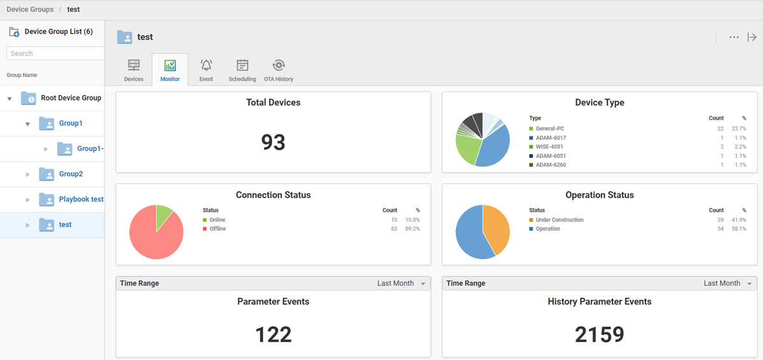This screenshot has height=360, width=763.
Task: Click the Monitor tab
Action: pos(170,69)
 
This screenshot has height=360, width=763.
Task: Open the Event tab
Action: pos(206,69)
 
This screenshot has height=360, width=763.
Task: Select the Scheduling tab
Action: pos(242,69)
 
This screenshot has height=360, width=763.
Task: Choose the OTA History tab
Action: pos(278,69)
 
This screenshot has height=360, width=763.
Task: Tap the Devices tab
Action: pos(134,69)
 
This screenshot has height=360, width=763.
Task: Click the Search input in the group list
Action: pos(56,53)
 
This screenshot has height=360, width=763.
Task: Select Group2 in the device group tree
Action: pos(71,174)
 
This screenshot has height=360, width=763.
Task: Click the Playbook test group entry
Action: pos(81,199)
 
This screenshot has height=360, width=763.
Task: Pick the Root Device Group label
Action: pos(71,98)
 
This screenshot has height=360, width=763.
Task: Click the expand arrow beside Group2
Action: pos(27,174)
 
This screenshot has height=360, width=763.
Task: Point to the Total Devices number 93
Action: pos(273,142)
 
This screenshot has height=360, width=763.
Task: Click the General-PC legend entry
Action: pos(550,129)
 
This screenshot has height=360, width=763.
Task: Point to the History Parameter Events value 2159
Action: pos(600,335)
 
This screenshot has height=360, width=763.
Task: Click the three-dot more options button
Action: pos(734,38)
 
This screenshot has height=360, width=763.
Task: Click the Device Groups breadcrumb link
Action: pos(30,10)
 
